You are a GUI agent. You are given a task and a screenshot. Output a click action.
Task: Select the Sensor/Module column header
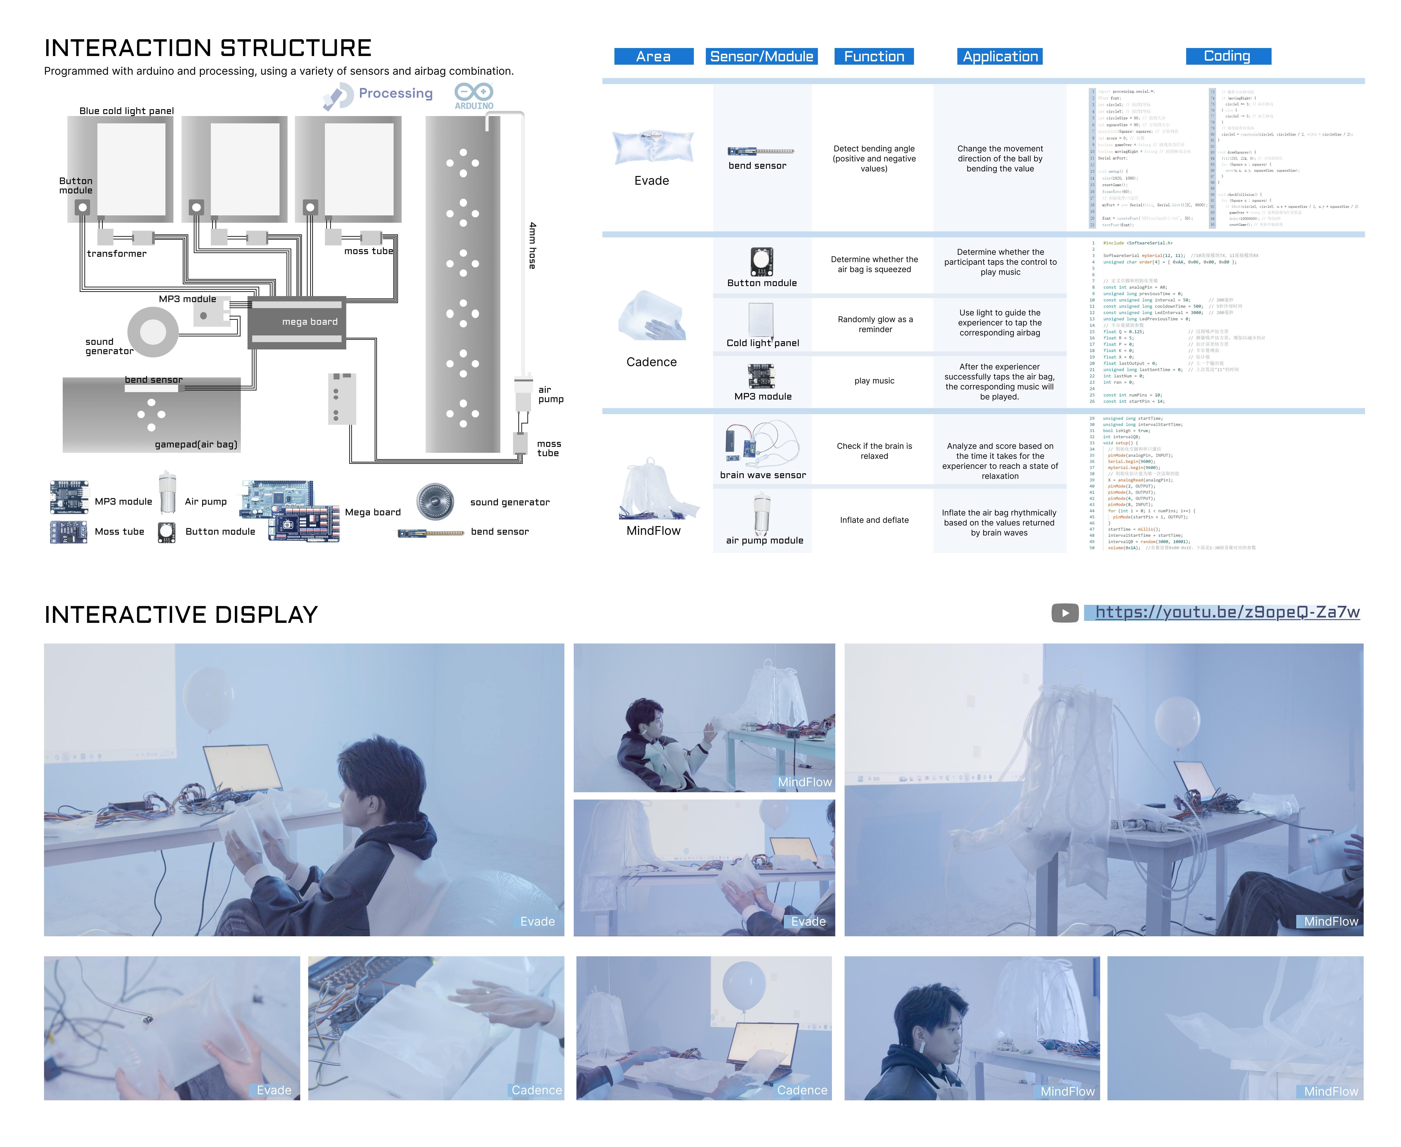point(761,56)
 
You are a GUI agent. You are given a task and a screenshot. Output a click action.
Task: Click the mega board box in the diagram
point(297,322)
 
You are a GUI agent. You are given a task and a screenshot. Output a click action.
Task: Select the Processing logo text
point(395,93)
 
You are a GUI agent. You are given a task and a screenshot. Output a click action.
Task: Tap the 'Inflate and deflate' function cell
point(874,520)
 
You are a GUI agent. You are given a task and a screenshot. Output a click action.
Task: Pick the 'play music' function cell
point(874,381)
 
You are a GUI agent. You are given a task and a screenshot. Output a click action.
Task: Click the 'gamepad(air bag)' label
point(196,444)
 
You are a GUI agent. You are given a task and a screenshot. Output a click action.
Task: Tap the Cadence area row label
point(651,362)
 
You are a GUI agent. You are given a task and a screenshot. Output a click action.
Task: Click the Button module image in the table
point(761,262)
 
